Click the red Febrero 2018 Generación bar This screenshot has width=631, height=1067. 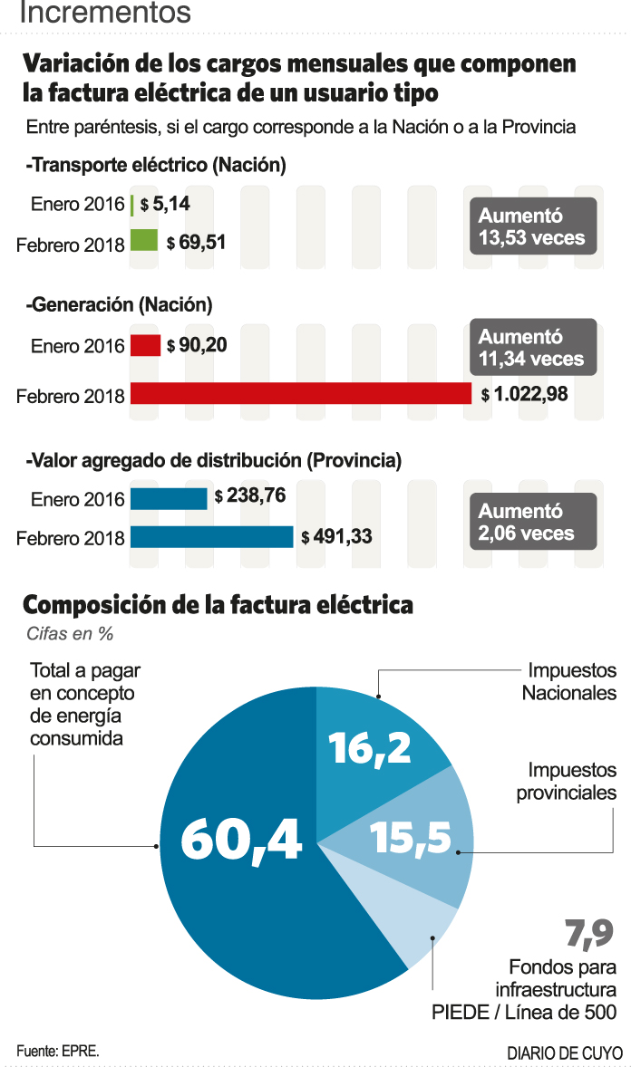(301, 393)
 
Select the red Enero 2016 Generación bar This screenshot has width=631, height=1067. (145, 346)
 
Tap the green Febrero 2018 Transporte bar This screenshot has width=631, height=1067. (144, 241)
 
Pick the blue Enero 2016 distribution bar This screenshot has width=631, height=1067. (169, 498)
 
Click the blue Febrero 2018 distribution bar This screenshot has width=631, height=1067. (211, 536)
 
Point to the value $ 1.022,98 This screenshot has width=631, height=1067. (525, 394)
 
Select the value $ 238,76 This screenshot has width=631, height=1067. (249, 497)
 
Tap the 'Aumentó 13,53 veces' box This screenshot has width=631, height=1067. (532, 227)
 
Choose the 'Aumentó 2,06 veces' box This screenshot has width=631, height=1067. (532, 523)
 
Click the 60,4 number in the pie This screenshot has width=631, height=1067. (241, 838)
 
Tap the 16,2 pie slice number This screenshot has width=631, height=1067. (369, 747)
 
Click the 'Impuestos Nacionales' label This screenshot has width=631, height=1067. (569, 681)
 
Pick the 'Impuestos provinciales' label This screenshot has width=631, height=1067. (568, 781)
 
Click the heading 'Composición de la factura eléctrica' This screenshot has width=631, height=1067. (218, 604)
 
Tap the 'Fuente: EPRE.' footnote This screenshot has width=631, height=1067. (57, 1051)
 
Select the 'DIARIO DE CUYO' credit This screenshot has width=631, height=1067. (565, 1053)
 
